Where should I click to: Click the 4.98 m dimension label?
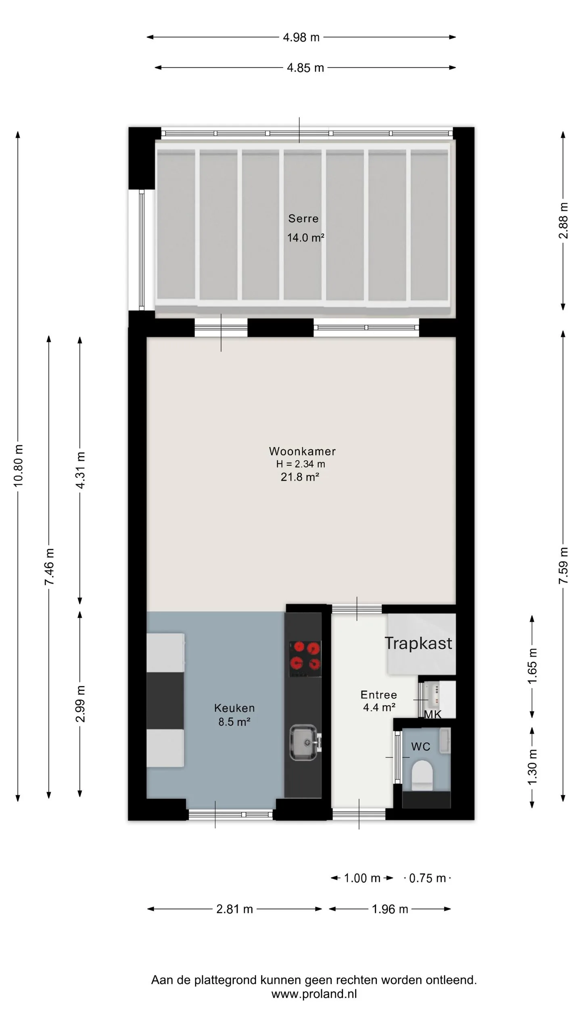[301, 38]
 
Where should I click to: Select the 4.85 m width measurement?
[305, 68]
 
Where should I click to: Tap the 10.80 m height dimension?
[18, 465]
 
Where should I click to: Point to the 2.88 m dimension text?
[563, 220]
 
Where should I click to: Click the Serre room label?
[303, 219]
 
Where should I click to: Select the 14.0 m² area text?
[305, 237]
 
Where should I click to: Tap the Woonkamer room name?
[302, 451]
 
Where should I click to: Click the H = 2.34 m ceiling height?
[301, 464]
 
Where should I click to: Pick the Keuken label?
[234, 708]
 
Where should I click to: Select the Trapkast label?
[418, 643]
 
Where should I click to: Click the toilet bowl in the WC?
[422, 775]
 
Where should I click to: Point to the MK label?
[433, 714]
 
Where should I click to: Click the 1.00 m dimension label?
[362, 878]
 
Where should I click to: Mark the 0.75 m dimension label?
[427, 878]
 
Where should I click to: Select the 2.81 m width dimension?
[234, 909]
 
